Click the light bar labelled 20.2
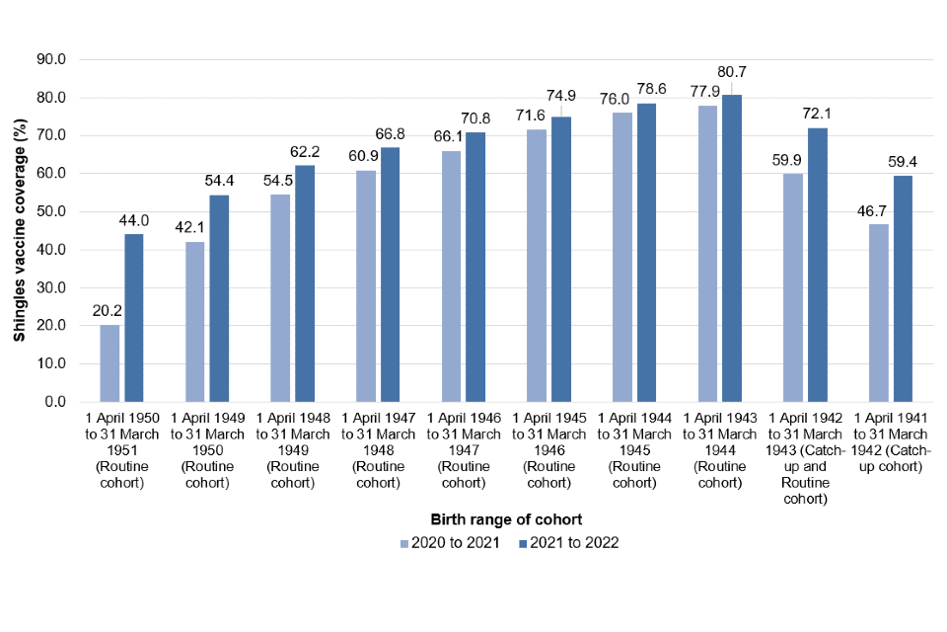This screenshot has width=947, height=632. [x=109, y=363]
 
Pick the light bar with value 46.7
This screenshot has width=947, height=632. [x=878, y=313]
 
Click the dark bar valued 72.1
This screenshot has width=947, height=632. [x=817, y=265]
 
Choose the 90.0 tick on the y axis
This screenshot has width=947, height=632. [x=49, y=59]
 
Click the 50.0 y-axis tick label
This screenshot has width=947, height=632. [x=49, y=211]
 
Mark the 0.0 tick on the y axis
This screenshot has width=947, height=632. [x=53, y=402]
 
